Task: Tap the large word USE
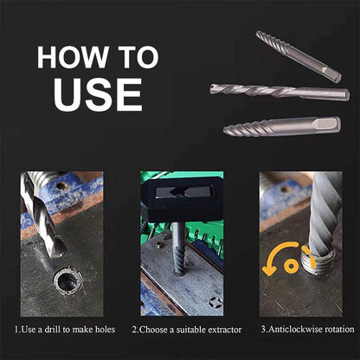pyautogui.click(x=97, y=93)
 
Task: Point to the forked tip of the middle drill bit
pyautogui.click(x=216, y=87)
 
